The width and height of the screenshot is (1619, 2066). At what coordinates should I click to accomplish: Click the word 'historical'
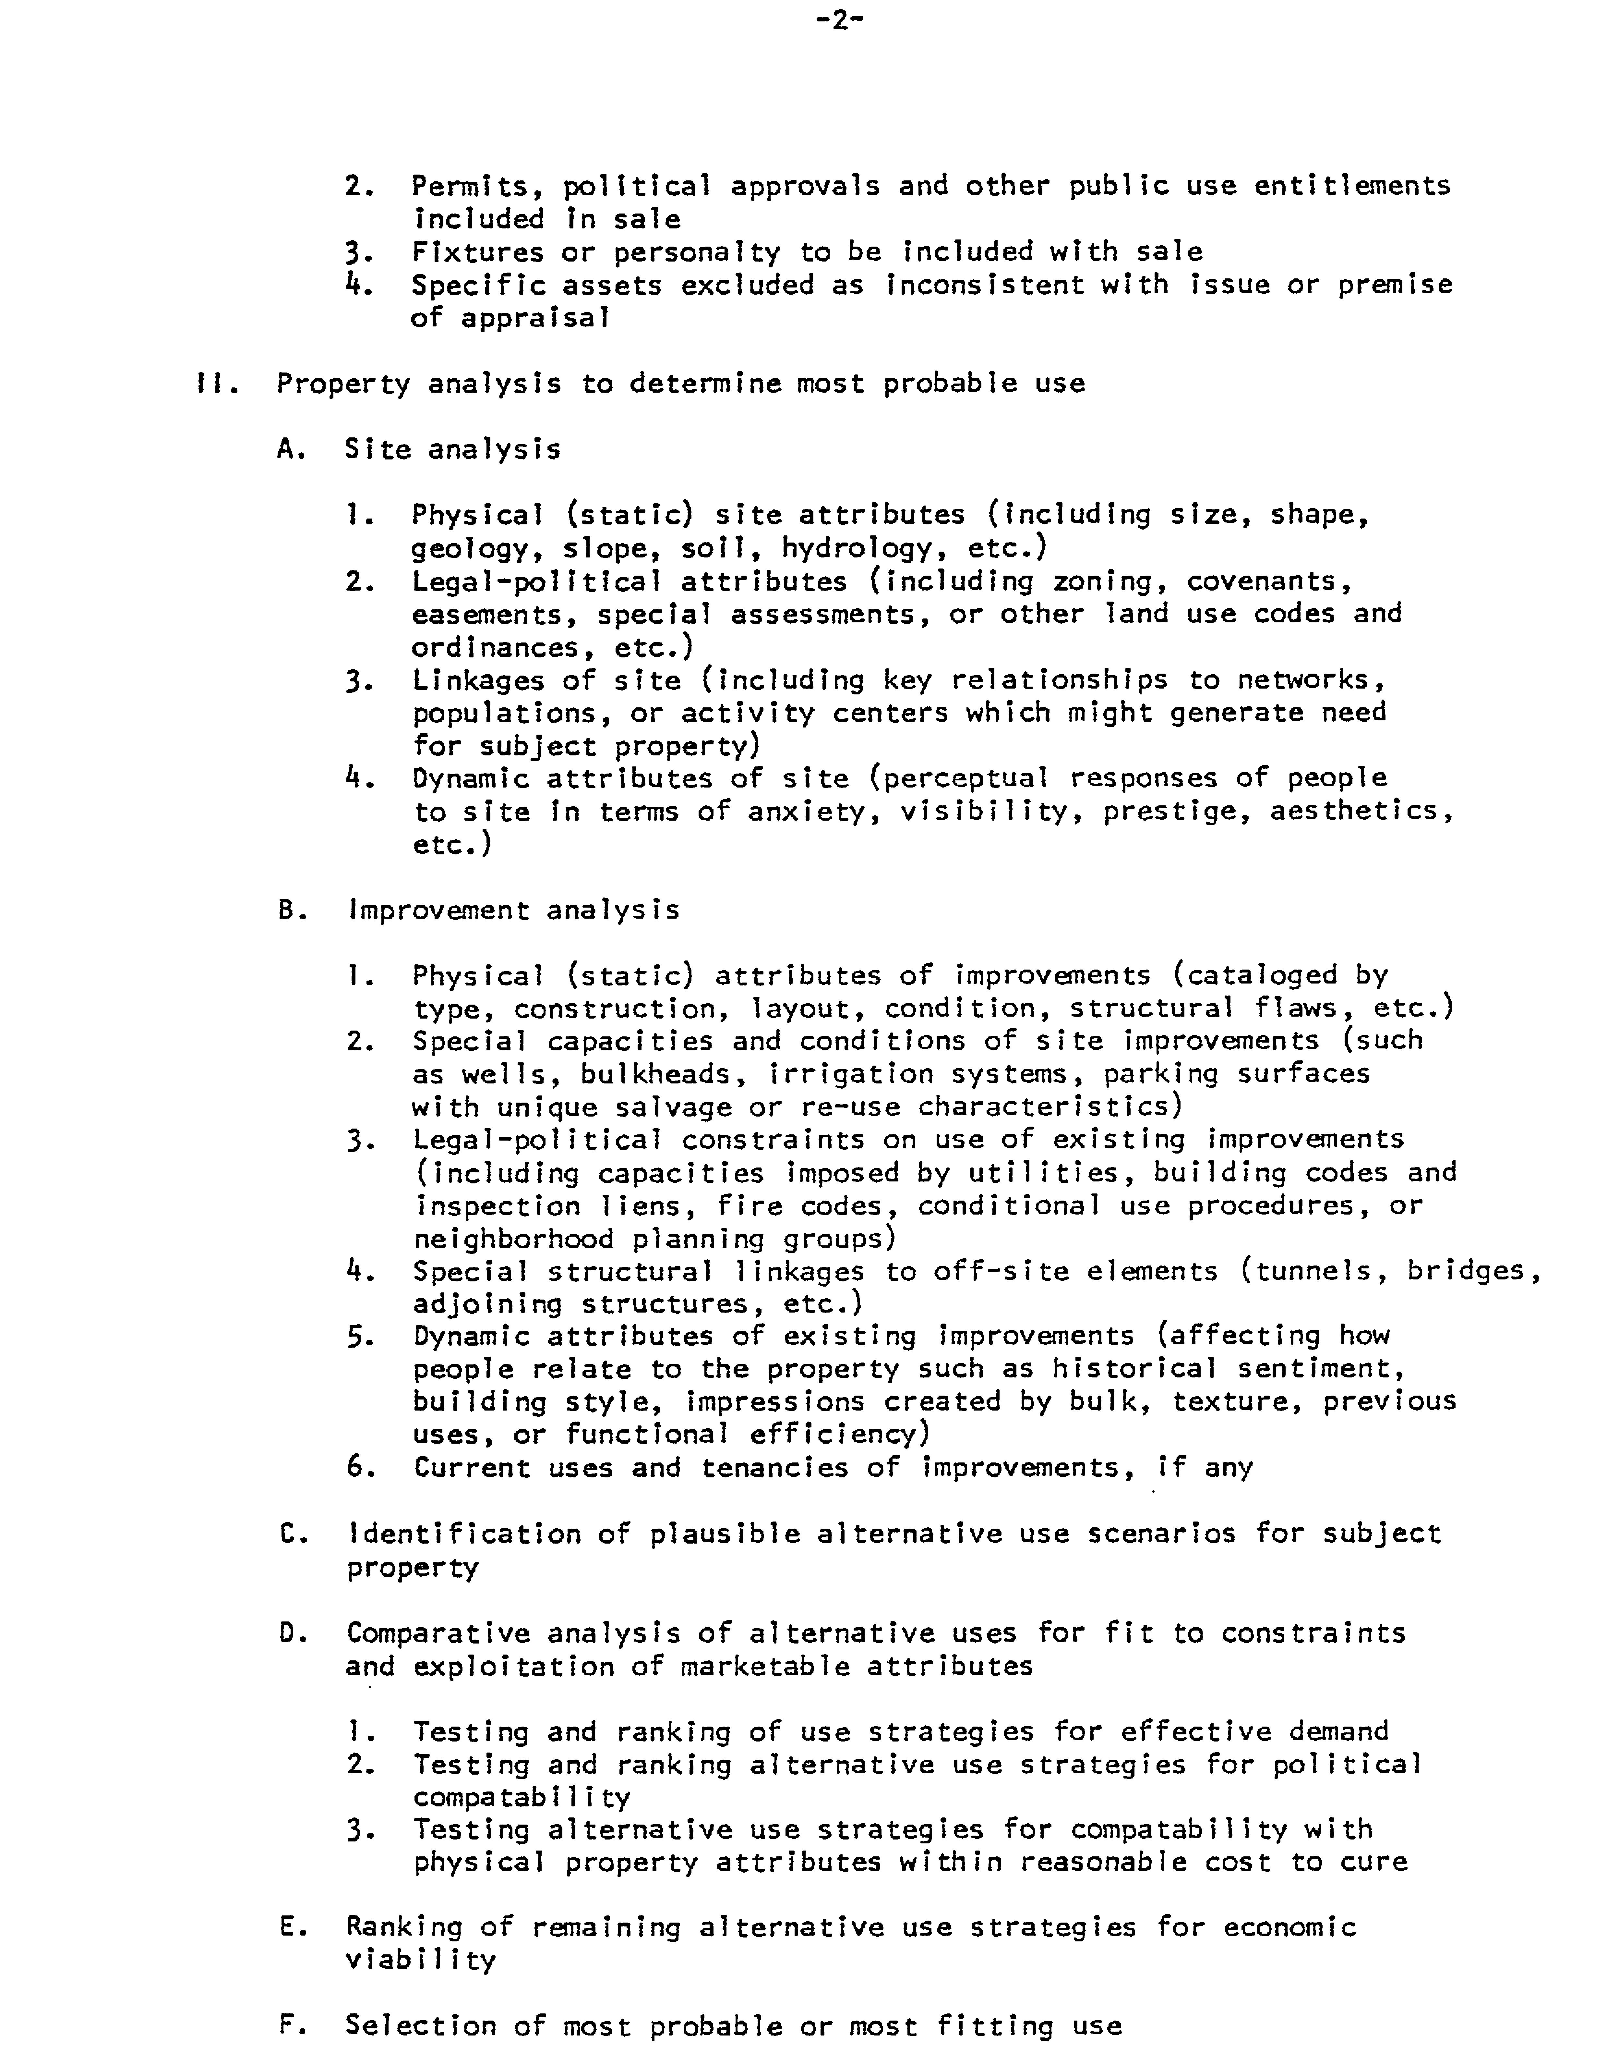(1134, 1369)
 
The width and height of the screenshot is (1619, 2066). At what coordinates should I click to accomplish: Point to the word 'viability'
(421, 1960)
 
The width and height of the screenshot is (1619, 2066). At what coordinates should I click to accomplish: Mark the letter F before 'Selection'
(288, 2025)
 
